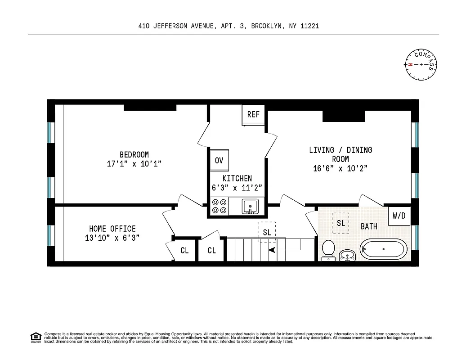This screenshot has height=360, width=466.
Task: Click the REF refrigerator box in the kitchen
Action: (253, 114)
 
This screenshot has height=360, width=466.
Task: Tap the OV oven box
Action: (219, 161)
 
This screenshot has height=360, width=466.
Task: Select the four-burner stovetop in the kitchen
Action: (219, 207)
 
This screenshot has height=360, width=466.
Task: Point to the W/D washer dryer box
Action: (399, 216)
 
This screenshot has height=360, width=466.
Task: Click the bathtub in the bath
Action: (383, 249)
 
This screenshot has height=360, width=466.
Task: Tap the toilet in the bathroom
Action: (328, 250)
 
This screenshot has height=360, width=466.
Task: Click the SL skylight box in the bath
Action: (341, 223)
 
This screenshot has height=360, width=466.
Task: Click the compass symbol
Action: (421, 65)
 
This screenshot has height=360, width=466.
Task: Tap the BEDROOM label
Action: (134, 155)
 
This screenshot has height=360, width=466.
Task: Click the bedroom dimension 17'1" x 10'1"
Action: (134, 164)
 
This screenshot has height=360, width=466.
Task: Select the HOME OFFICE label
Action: (112, 229)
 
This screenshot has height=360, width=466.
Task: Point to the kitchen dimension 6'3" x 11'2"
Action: (237, 188)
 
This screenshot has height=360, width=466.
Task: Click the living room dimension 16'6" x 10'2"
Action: (340, 169)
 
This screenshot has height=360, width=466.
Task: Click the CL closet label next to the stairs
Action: (211, 251)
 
